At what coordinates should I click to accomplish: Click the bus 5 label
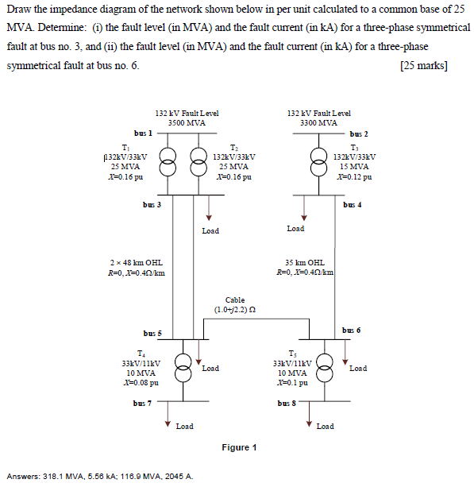point(152,333)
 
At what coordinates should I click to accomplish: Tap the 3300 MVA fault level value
point(318,123)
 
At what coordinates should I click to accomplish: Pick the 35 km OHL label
point(304,262)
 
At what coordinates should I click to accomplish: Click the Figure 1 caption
point(239,448)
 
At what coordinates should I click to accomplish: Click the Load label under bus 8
point(325,427)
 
